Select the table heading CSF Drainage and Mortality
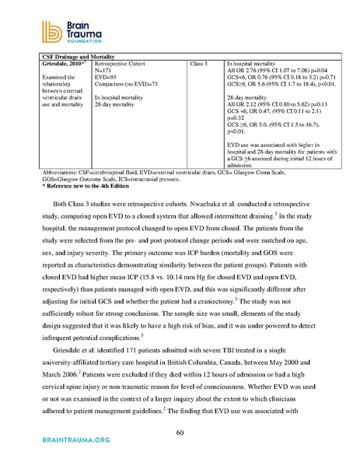tap(64, 57)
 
